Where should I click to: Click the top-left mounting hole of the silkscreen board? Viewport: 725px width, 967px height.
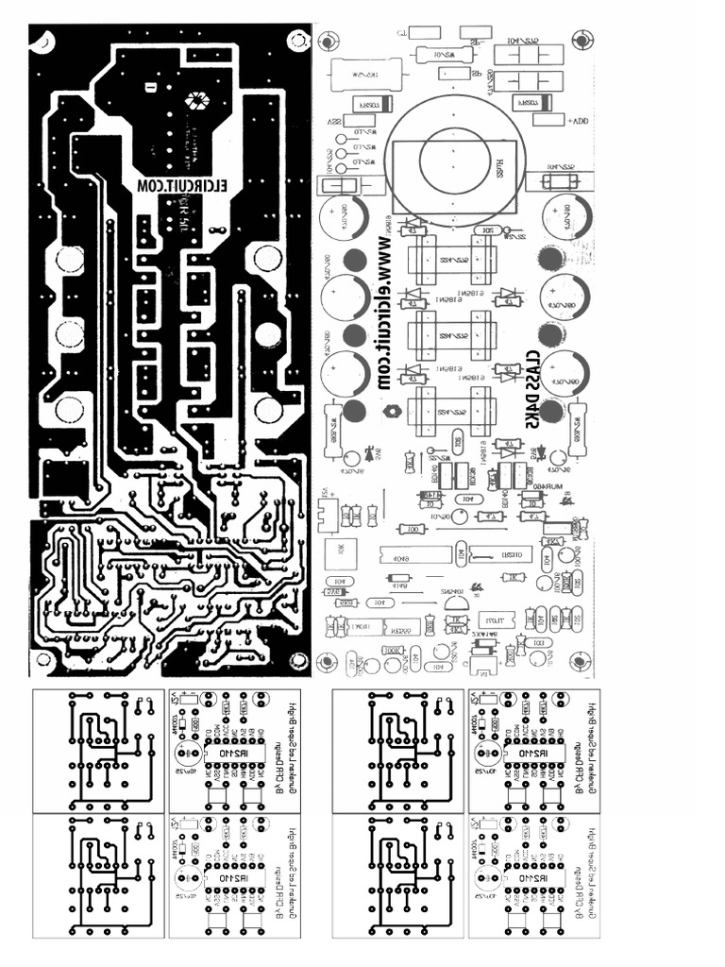329,42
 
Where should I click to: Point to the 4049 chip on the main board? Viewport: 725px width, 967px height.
413,557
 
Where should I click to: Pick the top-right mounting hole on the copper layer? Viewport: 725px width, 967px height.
298,42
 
